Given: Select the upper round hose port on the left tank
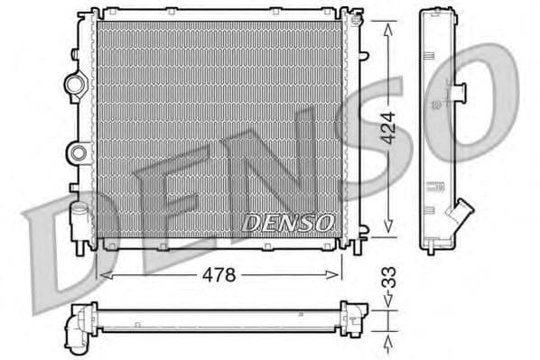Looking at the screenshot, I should point(76,85).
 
